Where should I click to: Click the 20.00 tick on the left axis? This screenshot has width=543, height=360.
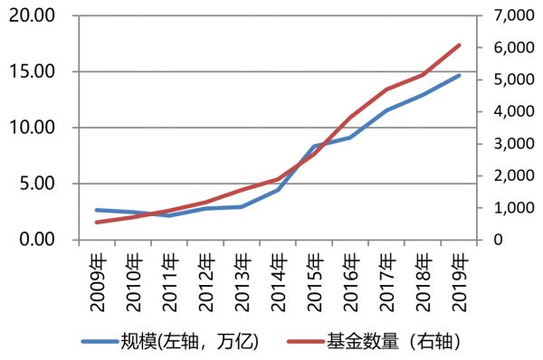[31, 16]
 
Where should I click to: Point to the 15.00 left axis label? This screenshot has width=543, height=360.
[31, 72]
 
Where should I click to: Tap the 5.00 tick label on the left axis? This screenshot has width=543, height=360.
[35, 185]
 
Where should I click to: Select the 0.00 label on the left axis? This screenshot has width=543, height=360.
[35, 240]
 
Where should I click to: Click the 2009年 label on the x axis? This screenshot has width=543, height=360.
[97, 276]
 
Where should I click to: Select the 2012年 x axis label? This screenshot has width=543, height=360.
[205, 276]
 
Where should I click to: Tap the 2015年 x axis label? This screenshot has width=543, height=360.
[314, 276]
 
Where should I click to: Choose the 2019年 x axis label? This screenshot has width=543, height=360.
[459, 276]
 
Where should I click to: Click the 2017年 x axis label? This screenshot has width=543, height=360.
[386, 276]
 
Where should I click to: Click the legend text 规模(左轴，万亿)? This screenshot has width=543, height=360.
[190, 341]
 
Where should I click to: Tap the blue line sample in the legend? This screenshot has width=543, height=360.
[100, 342]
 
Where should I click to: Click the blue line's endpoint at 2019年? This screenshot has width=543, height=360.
[459, 75]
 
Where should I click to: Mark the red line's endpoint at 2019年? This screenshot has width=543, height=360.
[459, 44]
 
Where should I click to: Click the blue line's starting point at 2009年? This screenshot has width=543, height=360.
[97, 210]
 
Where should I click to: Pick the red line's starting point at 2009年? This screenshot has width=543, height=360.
[97, 222]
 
